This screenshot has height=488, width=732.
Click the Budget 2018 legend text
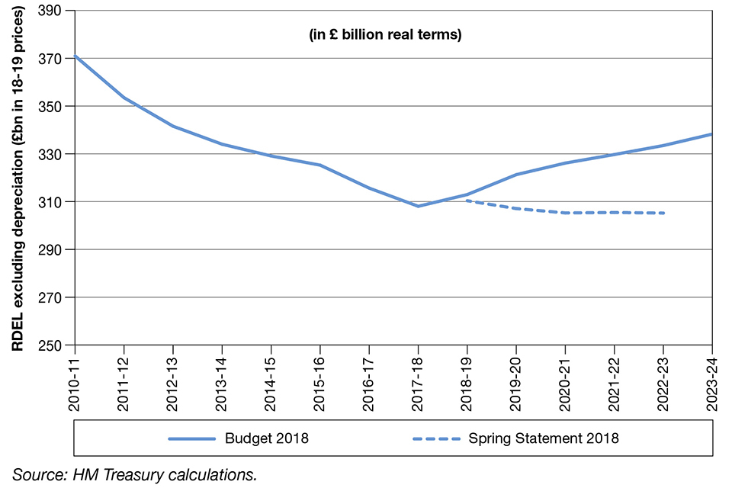[267, 438]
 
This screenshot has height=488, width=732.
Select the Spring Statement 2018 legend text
[544, 438]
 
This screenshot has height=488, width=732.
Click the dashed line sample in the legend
[435, 438]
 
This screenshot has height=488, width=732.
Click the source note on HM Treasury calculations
[134, 474]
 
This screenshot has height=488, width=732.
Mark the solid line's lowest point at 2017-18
[418, 206]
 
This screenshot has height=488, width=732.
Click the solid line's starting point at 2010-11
[75, 56]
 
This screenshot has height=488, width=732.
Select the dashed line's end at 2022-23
[663, 213]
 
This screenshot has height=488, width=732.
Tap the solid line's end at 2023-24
[712, 134]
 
